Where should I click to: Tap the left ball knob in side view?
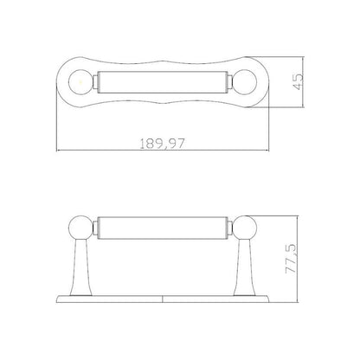80,228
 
